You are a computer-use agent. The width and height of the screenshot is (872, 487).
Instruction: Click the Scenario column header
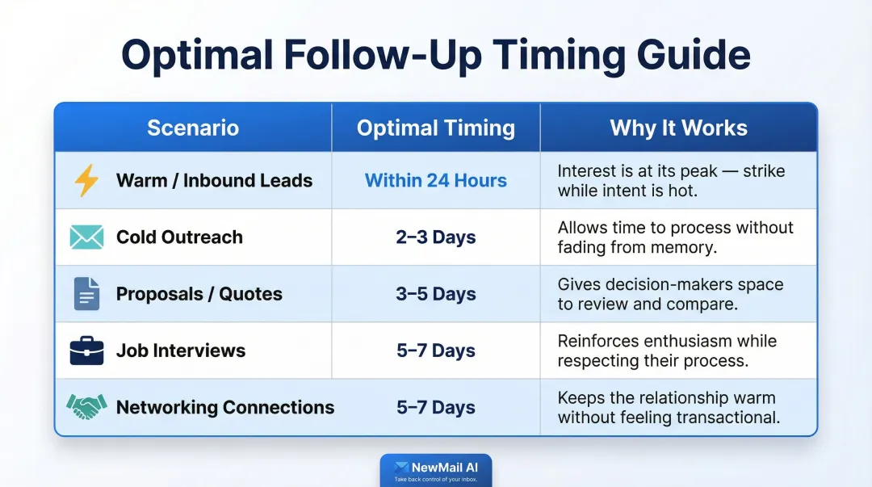(x=193, y=128)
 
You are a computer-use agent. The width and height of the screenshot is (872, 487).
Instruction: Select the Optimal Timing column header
(x=436, y=128)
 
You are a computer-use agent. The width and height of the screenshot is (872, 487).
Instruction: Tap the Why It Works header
(x=678, y=128)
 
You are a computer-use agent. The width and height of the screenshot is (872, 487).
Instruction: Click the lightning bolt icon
(x=86, y=181)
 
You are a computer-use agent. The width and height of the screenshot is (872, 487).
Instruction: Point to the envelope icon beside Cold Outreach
(x=86, y=237)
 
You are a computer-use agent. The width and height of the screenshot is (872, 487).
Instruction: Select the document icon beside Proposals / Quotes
(x=86, y=294)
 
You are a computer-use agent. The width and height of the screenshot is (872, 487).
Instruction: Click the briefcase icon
(x=86, y=351)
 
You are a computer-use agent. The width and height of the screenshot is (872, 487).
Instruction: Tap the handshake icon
(x=86, y=407)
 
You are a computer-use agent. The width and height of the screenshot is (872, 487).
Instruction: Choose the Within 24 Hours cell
(x=436, y=181)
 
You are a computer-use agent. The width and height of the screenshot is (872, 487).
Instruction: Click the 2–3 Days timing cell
(x=436, y=237)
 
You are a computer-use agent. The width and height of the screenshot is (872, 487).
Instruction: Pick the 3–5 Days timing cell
(x=436, y=294)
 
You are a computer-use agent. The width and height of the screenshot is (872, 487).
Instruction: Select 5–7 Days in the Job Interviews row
(x=436, y=351)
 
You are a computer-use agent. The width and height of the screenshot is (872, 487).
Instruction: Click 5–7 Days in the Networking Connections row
(x=436, y=407)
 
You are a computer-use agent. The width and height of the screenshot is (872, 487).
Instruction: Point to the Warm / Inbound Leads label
(x=214, y=181)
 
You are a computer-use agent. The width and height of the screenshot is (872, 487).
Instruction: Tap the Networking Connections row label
(x=225, y=407)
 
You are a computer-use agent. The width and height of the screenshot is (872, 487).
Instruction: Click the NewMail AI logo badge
(x=436, y=470)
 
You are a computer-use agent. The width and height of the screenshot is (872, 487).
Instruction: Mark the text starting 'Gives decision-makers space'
(x=670, y=294)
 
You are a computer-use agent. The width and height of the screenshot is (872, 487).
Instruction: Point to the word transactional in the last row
(x=732, y=418)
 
